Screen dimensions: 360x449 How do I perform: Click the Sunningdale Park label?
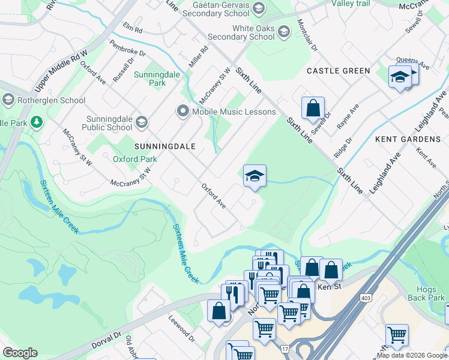point(149,79)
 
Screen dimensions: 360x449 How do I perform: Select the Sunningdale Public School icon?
point(142,123)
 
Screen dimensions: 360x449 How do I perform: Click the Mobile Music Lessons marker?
point(182,112)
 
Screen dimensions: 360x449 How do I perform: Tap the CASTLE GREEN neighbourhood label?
point(339,71)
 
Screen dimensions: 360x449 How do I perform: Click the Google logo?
point(20,352)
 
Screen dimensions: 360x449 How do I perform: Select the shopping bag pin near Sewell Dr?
point(313,109)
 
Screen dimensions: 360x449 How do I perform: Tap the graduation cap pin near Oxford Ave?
point(255,176)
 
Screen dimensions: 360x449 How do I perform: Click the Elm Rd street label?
point(132,29)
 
